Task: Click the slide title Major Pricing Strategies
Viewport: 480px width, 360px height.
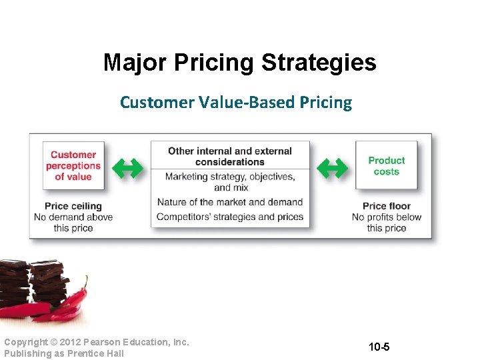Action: click(x=239, y=63)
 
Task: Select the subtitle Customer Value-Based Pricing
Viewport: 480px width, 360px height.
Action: click(x=235, y=102)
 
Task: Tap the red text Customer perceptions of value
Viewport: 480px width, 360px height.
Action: click(x=73, y=165)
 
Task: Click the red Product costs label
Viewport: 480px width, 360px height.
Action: click(x=386, y=165)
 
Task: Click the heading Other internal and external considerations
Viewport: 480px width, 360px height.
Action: click(x=230, y=156)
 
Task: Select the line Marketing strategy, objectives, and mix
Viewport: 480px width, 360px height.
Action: click(x=230, y=182)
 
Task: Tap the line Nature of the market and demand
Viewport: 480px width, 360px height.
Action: click(x=230, y=202)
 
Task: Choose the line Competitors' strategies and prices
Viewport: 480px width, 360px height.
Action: click(x=230, y=217)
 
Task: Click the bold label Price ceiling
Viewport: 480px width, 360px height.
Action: click(x=73, y=206)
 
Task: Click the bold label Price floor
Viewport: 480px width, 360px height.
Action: click(x=387, y=206)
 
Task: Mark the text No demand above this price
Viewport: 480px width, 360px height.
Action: click(x=73, y=222)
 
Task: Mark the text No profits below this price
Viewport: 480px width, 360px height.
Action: click(x=387, y=222)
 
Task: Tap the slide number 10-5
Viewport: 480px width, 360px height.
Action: click(x=379, y=347)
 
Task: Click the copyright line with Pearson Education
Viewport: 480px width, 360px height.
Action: click(x=97, y=342)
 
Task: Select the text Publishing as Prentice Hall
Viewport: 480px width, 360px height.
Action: click(x=64, y=353)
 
